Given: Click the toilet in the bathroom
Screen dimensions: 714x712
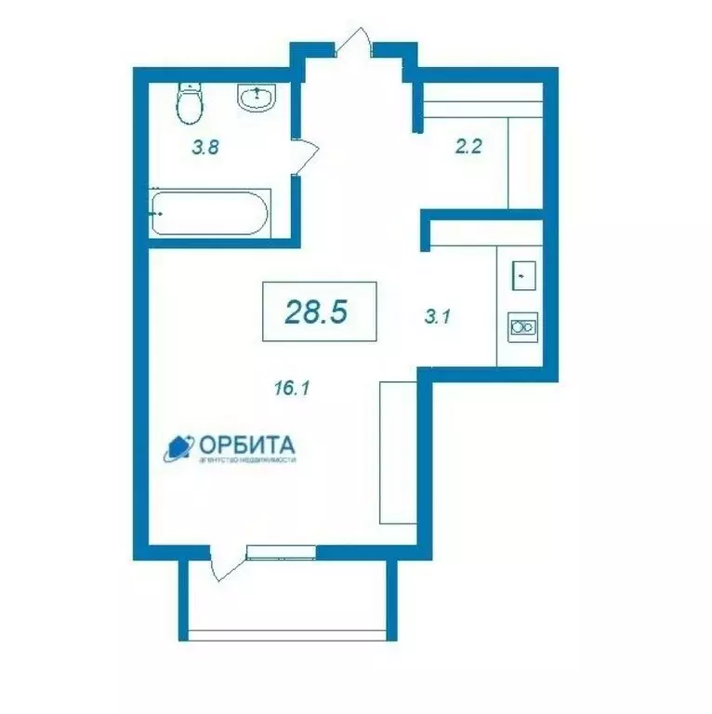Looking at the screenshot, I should click(190, 103).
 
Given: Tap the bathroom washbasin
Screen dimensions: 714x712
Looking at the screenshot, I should click(256, 97).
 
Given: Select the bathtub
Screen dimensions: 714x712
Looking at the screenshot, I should click(210, 214).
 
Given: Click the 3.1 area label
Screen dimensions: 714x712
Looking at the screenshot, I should click(437, 316).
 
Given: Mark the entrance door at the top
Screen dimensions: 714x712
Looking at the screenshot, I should click(356, 43).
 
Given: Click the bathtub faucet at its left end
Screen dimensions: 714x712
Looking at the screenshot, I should click(158, 214).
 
